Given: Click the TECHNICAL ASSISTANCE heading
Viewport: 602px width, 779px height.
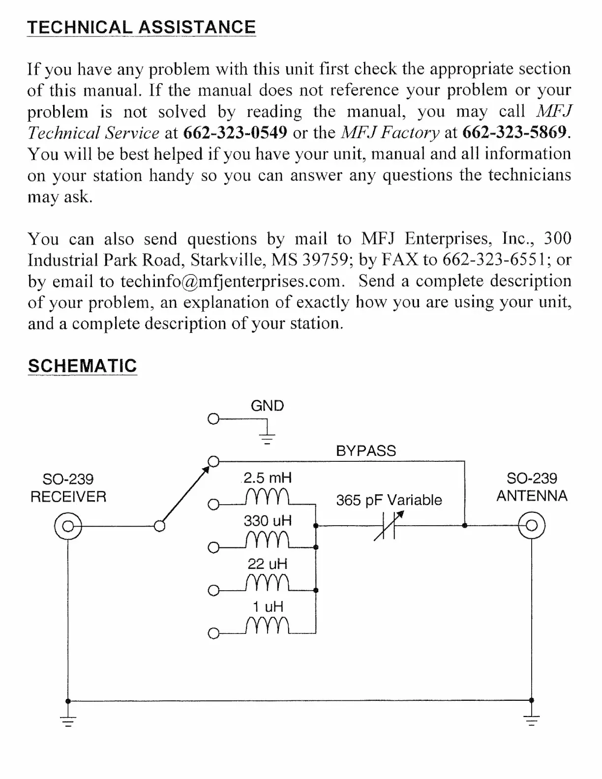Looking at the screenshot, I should (141, 27).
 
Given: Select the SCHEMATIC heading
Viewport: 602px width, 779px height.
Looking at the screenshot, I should (82, 366).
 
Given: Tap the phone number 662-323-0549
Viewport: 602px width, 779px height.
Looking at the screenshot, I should (235, 132).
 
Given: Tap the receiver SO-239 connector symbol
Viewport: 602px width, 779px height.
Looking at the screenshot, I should (68, 526).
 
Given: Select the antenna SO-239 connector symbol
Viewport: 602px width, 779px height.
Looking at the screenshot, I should (532, 526).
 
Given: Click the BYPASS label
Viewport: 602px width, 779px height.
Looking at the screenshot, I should (366, 451).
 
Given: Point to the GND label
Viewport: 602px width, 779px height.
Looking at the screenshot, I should (267, 406).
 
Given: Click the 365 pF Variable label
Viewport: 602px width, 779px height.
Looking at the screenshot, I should (389, 500).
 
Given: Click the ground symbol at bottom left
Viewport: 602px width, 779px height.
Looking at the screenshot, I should (68, 721).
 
